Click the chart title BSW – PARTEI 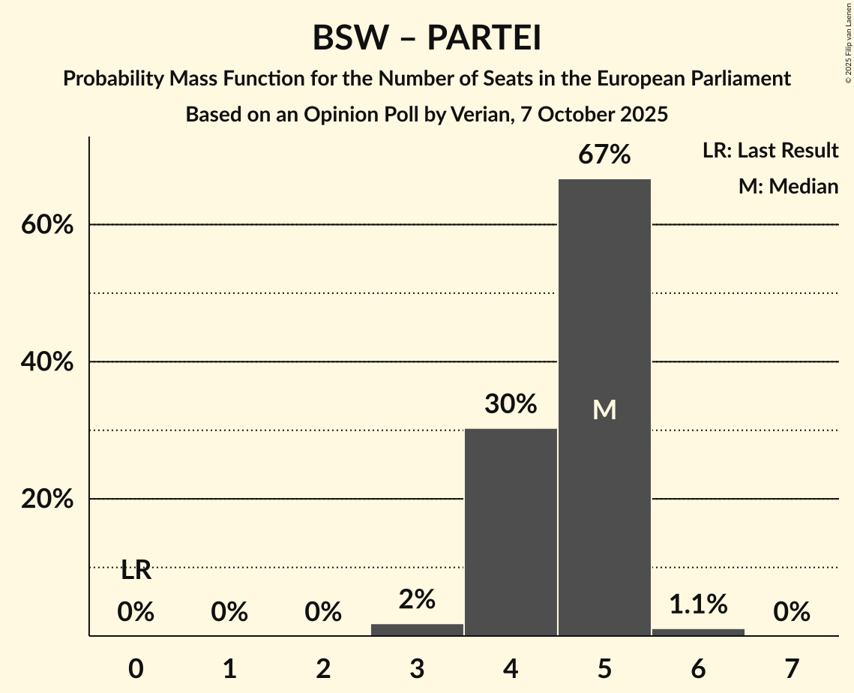click(427, 38)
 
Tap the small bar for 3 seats click(417, 629)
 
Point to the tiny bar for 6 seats click(698, 632)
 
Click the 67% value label click(604, 155)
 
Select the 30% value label click(511, 404)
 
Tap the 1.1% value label click(698, 604)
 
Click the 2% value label click(417, 599)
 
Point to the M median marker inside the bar click(604, 409)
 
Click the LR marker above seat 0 click(136, 571)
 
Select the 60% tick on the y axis click(47, 225)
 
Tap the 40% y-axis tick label click(47, 362)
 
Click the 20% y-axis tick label click(47, 499)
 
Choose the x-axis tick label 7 click(792, 668)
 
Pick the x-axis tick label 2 click(323, 668)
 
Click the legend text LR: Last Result click(770, 151)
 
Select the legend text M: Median click(788, 186)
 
